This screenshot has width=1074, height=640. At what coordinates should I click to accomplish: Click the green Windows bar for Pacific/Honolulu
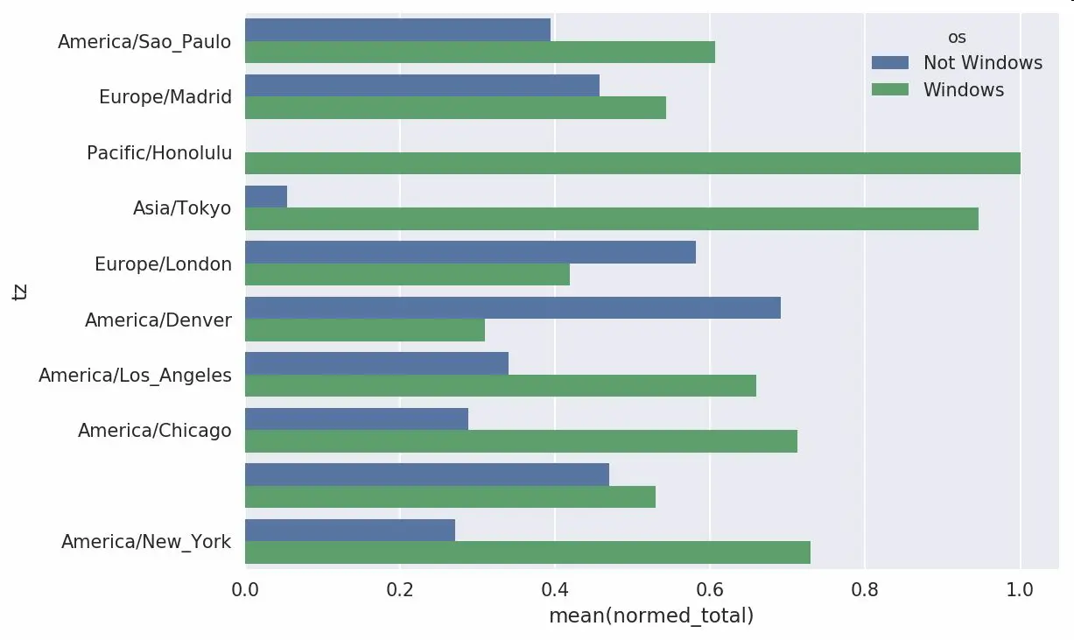pyautogui.click(x=632, y=163)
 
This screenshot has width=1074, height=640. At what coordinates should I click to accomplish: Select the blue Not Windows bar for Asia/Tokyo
pyautogui.click(x=266, y=197)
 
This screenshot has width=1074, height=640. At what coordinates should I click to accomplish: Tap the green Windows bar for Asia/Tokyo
pyautogui.click(x=611, y=219)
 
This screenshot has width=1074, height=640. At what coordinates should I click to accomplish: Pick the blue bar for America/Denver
pyautogui.click(x=512, y=308)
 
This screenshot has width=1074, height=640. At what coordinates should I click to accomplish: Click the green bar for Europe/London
pyautogui.click(x=407, y=275)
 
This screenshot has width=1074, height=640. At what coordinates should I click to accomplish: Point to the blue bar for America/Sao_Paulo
pyautogui.click(x=397, y=30)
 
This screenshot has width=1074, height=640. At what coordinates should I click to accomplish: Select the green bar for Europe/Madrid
pyautogui.click(x=455, y=108)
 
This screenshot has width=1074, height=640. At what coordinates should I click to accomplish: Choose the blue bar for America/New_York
pyautogui.click(x=350, y=530)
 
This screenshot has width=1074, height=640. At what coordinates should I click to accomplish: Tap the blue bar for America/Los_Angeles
pyautogui.click(x=376, y=363)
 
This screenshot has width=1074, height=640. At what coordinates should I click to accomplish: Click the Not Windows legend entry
pyautogui.click(x=982, y=63)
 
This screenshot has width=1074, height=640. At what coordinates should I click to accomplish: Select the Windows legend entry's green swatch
pyautogui.click(x=891, y=90)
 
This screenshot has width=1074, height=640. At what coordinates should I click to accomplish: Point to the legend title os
pyautogui.click(x=957, y=38)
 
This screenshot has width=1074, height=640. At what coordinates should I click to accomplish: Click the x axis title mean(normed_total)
pyautogui.click(x=651, y=616)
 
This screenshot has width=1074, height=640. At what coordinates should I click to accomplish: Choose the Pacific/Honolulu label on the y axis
pyautogui.click(x=159, y=153)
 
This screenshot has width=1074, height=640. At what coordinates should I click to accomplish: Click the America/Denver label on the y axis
pyautogui.click(x=158, y=320)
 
